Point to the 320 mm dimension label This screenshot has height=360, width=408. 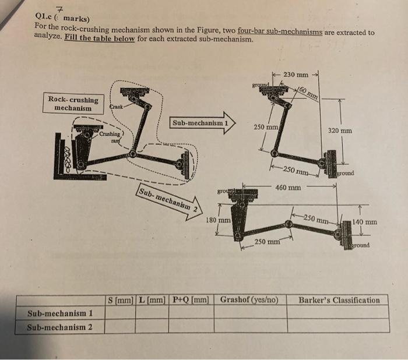point(340,131)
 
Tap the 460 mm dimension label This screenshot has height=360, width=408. point(289,188)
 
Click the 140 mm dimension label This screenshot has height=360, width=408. point(365,222)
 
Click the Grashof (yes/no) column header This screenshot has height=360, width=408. point(249,301)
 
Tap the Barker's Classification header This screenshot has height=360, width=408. point(339,301)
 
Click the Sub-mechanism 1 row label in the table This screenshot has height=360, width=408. point(60,313)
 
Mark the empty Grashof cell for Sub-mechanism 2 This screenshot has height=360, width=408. point(249,326)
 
